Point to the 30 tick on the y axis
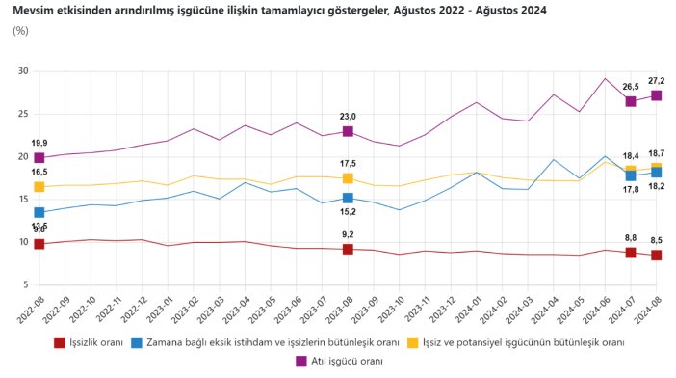[x=21, y=71]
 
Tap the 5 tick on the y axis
[x=24, y=284]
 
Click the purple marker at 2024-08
[x=656, y=95]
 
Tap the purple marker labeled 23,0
[x=348, y=131]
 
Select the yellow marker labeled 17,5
[x=348, y=178]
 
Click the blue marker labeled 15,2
[x=348, y=198]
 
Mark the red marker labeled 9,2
[x=348, y=249]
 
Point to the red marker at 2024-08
[x=656, y=255]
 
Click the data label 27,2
[x=656, y=80]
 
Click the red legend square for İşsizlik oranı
[x=59, y=341]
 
